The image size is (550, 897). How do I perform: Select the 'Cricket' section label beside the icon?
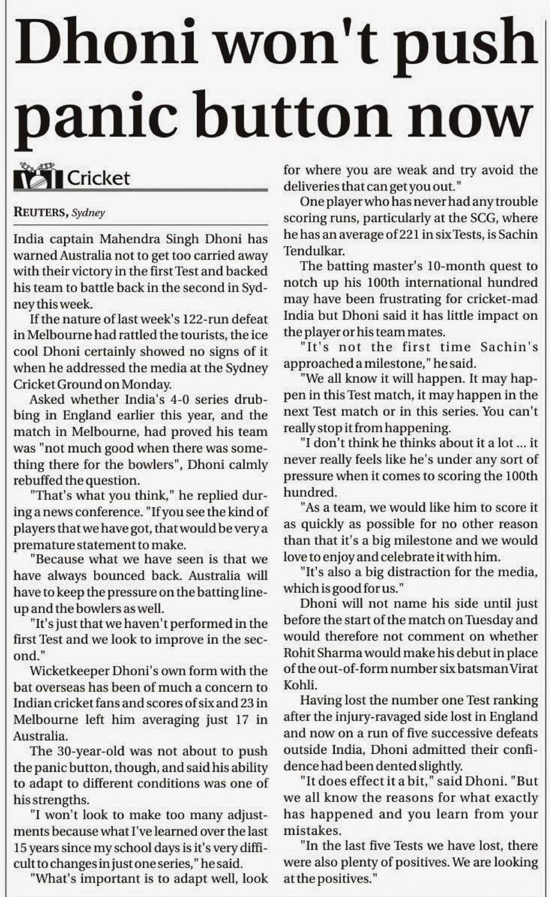pos(98,178)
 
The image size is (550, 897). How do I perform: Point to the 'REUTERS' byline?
pos(40,212)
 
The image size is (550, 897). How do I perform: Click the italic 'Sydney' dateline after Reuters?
pos(88,213)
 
